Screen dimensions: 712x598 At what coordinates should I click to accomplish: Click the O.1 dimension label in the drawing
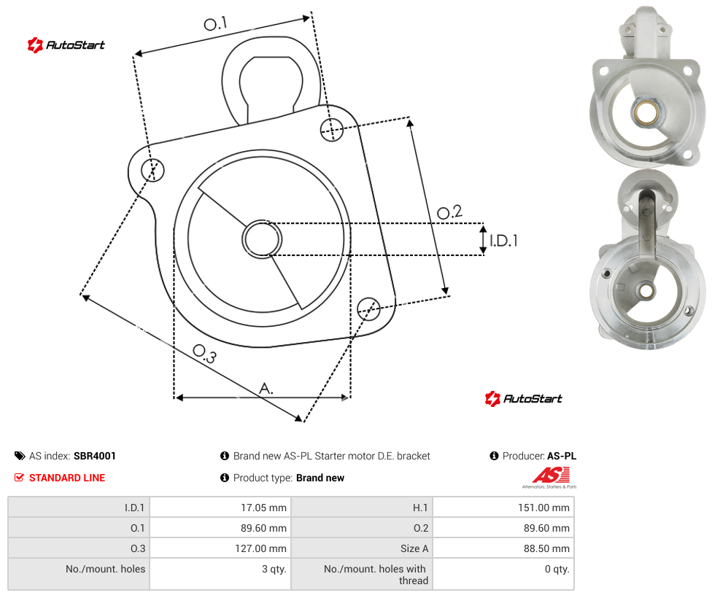[x=215, y=23]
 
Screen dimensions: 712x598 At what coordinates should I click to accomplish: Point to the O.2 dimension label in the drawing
[x=449, y=211]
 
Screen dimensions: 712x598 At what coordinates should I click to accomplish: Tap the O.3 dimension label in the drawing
[x=205, y=354]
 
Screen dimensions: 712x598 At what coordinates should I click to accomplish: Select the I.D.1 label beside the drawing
[x=503, y=240]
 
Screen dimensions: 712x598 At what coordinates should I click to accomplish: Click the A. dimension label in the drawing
[x=266, y=389]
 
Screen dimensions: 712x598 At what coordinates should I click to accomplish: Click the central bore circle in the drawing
[x=262, y=239]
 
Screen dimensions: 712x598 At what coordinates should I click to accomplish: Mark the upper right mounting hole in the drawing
[x=332, y=129]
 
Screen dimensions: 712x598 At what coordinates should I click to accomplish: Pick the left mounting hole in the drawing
[x=152, y=170]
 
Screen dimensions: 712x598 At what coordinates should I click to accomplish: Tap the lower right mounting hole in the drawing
[x=368, y=309]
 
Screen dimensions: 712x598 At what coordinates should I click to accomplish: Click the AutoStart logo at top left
[x=66, y=45]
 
